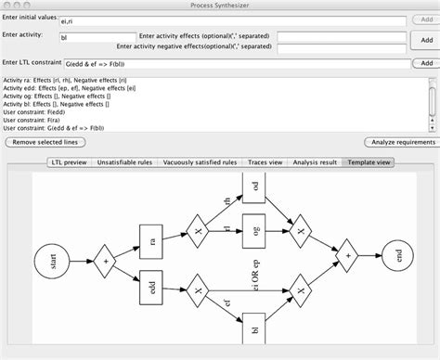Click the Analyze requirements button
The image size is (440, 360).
(402, 142)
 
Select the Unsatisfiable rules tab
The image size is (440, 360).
(123, 161)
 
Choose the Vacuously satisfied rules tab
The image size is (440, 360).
(198, 161)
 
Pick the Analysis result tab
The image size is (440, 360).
(316, 161)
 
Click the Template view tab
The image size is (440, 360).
(369, 161)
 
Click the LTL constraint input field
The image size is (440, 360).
(232, 64)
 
